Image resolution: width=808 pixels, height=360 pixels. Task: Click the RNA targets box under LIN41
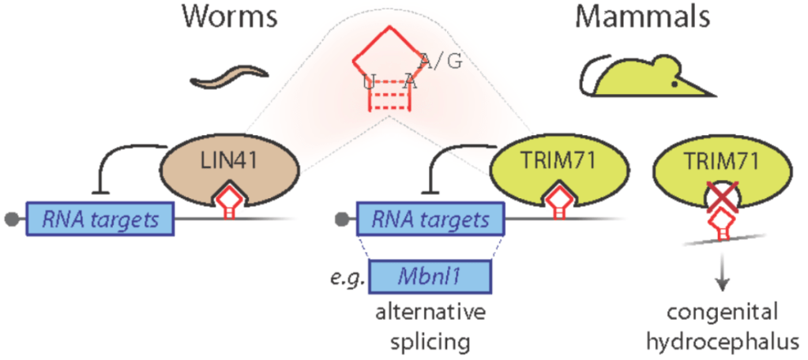pos(101,216)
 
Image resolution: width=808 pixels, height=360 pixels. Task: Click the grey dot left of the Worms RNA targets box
pos(11,216)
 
